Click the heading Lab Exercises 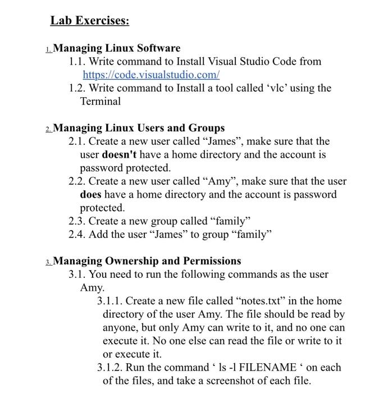tap(90, 21)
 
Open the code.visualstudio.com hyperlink tap(150, 75)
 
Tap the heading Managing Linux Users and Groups tap(139, 128)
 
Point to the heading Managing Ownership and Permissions tap(147, 261)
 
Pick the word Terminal tap(101, 102)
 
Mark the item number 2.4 tap(77, 235)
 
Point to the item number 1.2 tap(77, 88)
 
